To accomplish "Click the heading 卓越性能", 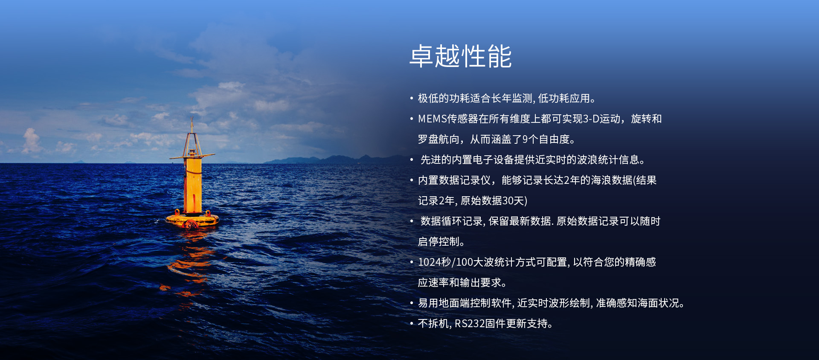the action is (x=461, y=56).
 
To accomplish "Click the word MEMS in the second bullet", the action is (x=432, y=119).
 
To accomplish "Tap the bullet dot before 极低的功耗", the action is (x=412, y=99).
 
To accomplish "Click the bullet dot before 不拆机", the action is (x=412, y=324).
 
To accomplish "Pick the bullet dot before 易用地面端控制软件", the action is (x=412, y=303).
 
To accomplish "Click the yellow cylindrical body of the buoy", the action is (x=193, y=186).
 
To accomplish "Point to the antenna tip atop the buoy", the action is (x=192, y=119).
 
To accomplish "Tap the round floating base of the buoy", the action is (x=192, y=220).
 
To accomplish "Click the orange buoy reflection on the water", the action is (x=188, y=264).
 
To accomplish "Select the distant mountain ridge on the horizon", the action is (x=333, y=160).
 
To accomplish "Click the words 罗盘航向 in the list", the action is (x=438, y=139).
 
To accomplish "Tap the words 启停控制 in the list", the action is (x=438, y=242).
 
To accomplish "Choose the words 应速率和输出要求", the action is (x=459, y=283).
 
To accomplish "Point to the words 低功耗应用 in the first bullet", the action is (x=564, y=99).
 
